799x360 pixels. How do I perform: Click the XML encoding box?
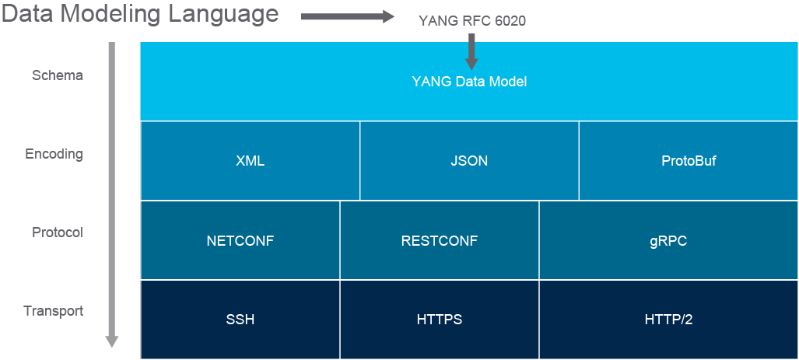pos(251,161)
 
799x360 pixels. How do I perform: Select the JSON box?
pos(469,161)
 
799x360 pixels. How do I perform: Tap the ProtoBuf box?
pos(689,161)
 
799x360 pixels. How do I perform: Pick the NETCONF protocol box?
pos(240,240)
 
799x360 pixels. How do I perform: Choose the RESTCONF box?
pos(440,240)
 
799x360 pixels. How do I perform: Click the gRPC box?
pos(669,240)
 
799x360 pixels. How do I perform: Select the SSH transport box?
pos(240,320)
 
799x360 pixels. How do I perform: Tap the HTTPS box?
pos(440,320)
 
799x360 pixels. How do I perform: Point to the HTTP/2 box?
pos(669,320)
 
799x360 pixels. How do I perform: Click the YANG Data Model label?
pos(469,82)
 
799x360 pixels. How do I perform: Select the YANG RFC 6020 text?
pos(472,21)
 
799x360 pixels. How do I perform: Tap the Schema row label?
pos(57,75)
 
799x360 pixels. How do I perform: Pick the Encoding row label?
pos(54,154)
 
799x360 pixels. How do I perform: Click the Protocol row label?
pos(57,232)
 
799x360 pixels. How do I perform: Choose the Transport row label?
pos(54,310)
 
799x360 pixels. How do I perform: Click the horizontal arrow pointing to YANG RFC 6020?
pos(348,17)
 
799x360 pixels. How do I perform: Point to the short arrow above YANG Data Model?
pos(472,51)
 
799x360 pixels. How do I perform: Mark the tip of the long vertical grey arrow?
pos(112,348)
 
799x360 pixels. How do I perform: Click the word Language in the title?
pos(224,14)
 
